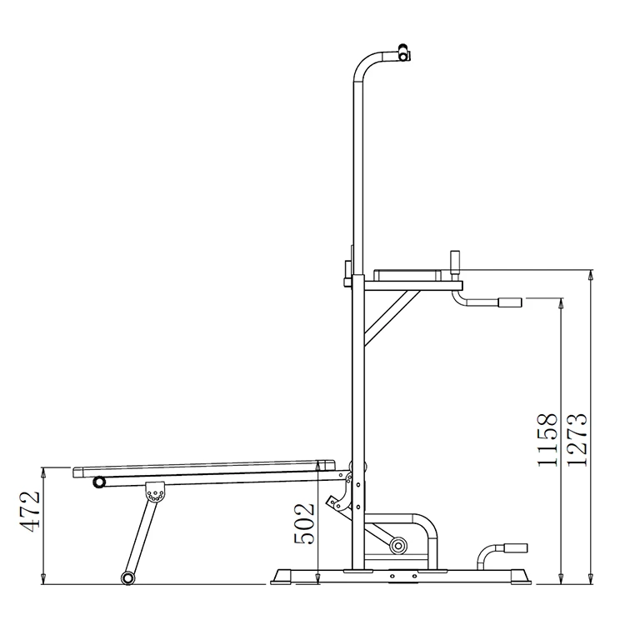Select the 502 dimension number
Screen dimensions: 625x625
[305, 522]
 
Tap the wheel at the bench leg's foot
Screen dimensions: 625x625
[127, 577]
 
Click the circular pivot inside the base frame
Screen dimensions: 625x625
[397, 547]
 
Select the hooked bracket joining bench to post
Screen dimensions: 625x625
[342, 502]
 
